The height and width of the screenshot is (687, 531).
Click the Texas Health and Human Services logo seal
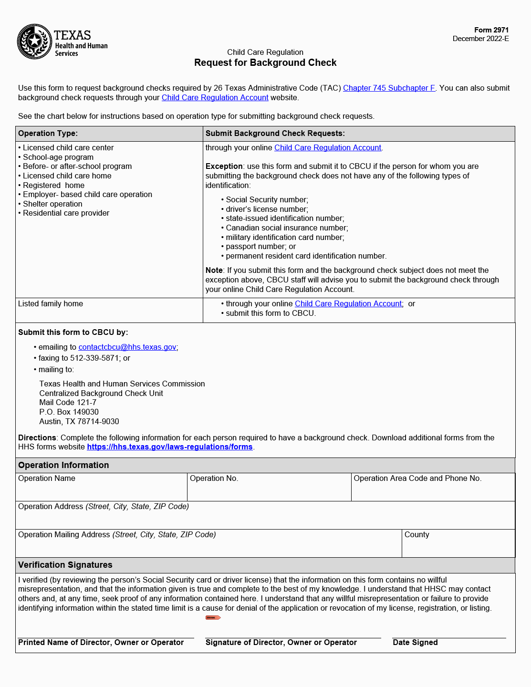coord(34,42)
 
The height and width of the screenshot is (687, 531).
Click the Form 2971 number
coord(491,30)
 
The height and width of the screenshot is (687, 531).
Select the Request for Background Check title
coord(265,62)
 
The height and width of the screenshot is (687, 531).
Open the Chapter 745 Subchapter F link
coord(389,88)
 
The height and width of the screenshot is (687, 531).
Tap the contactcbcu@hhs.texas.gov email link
coord(127,347)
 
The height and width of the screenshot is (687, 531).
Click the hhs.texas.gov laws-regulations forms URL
coord(169,447)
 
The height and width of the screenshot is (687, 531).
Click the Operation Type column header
coord(48,134)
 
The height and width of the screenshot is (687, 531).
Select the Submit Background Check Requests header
coord(275,134)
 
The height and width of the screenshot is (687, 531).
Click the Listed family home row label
coord(51,304)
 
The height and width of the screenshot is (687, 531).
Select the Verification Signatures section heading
coord(65,565)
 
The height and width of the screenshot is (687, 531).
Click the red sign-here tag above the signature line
coord(213,618)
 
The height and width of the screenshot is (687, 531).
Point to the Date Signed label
coord(415,643)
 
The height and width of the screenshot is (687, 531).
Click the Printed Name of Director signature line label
coord(101,643)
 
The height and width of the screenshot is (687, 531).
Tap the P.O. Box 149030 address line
coord(69,412)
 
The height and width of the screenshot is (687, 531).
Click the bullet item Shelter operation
coord(52,204)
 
